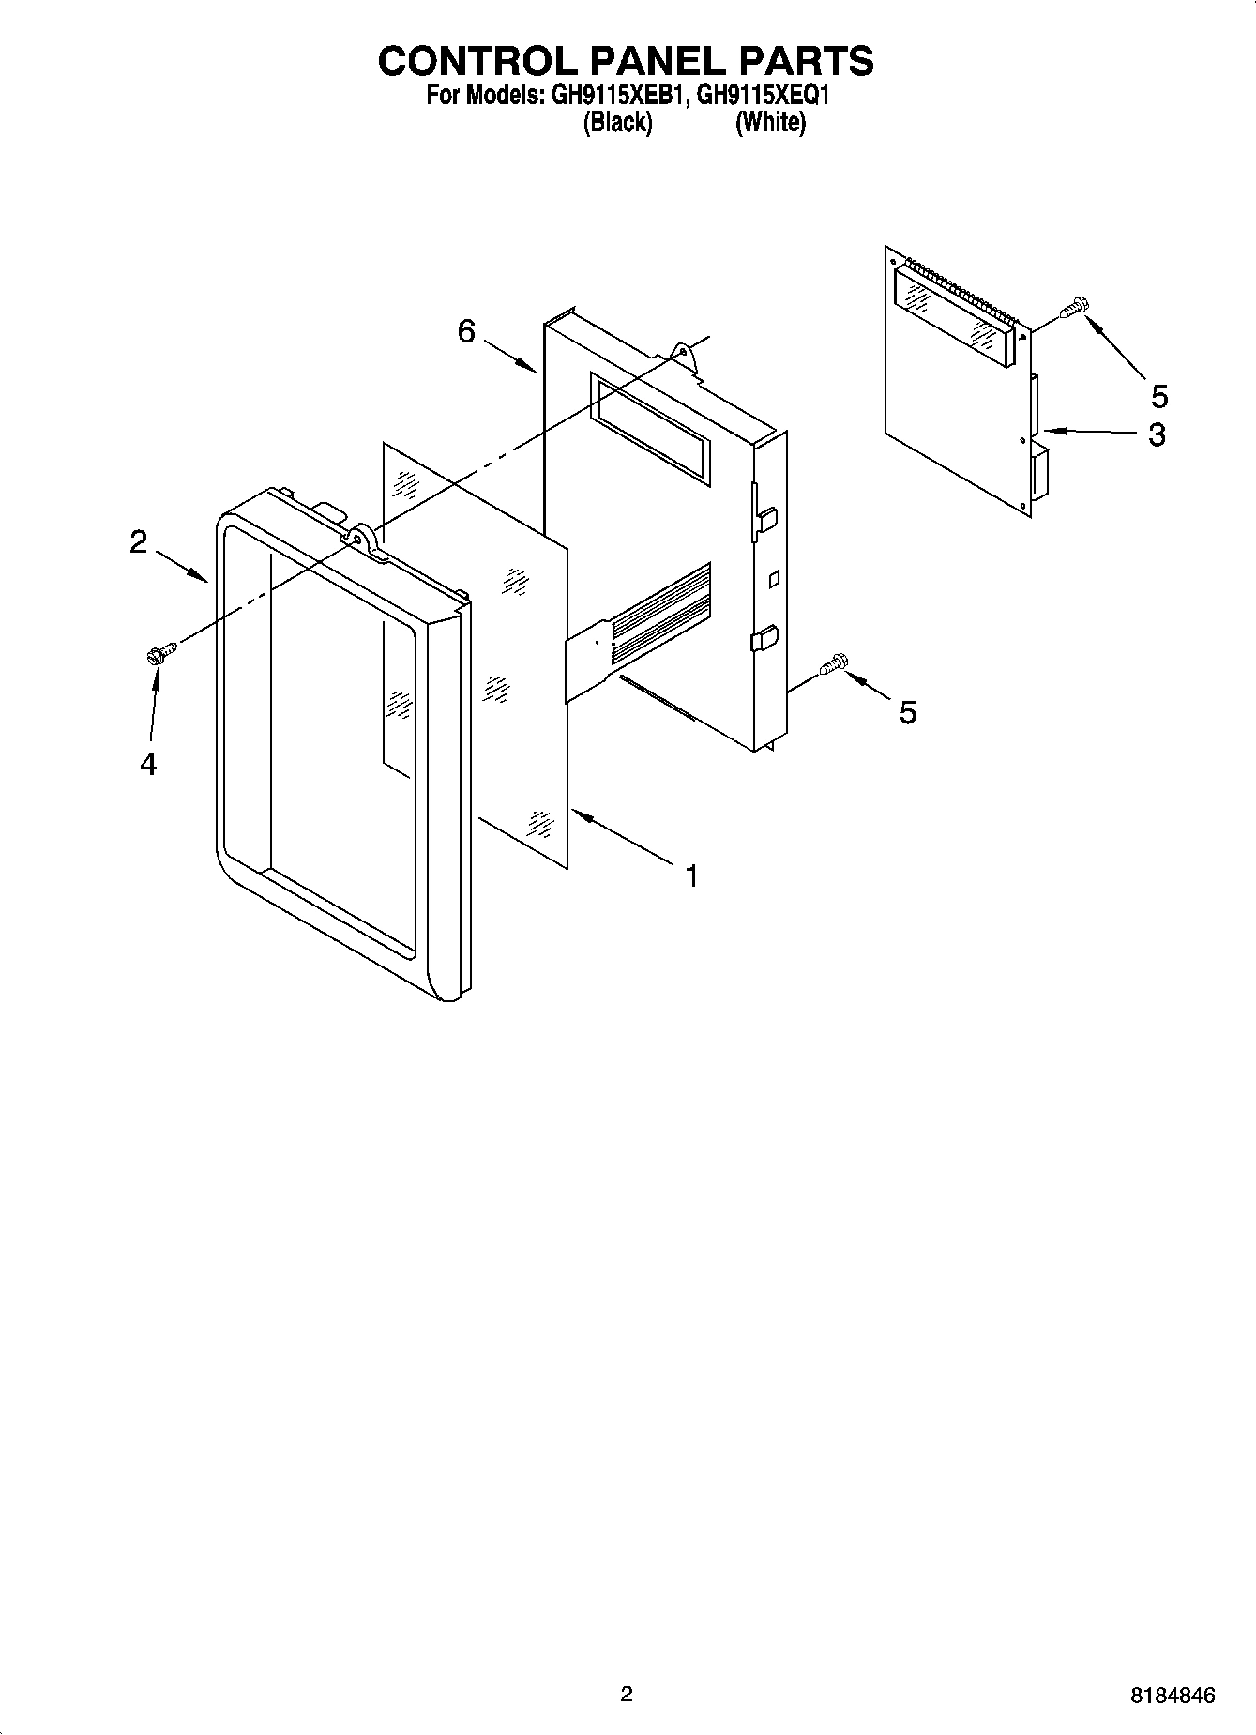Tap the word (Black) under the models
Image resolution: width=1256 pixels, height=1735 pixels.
[617, 122]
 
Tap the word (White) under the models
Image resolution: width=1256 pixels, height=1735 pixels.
[770, 122]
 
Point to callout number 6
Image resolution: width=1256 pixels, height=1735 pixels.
[466, 331]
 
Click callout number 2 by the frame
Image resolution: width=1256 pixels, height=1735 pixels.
[139, 541]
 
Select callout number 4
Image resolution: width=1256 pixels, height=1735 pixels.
[147, 764]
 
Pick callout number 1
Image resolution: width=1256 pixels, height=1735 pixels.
[691, 876]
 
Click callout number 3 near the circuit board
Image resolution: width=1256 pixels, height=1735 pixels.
[1158, 434]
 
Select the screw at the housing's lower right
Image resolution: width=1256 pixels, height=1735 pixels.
[833, 664]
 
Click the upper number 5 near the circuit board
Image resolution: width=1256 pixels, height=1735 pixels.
[1159, 397]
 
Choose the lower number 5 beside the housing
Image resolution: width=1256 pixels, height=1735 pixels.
[907, 712]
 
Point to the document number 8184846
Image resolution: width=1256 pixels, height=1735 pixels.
[1173, 1695]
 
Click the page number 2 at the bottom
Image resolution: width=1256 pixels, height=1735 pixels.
[627, 1694]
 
